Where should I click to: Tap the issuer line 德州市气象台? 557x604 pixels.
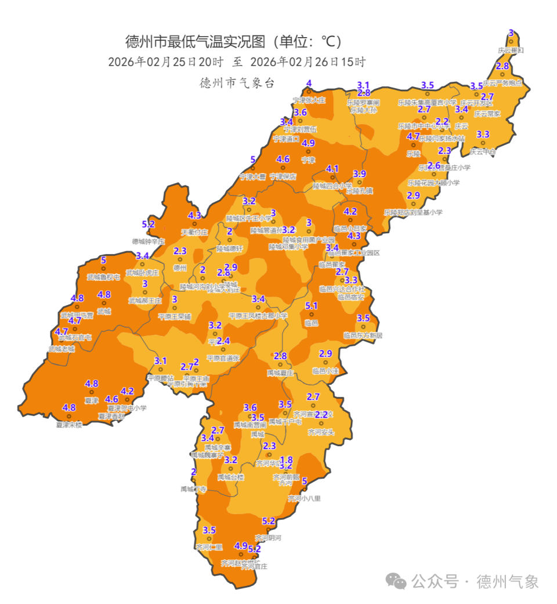click(236, 83)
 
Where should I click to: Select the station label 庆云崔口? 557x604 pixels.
click(511, 50)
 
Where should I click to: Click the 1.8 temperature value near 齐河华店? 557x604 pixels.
click(287, 460)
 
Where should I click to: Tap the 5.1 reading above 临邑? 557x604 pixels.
click(312, 306)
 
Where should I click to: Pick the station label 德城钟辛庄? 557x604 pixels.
click(149, 241)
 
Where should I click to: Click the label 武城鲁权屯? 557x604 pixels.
click(103, 277)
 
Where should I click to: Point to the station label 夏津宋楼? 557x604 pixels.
click(69, 424)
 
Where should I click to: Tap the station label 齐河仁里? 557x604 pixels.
click(209, 547)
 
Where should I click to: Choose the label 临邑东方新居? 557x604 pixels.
click(363, 335)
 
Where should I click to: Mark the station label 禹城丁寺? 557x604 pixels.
click(193, 489)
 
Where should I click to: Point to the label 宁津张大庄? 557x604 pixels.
click(309, 100)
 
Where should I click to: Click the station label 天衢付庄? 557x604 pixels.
click(194, 232)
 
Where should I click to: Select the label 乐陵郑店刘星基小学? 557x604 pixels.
click(413, 212)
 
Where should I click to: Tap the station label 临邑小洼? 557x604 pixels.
click(325, 370)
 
